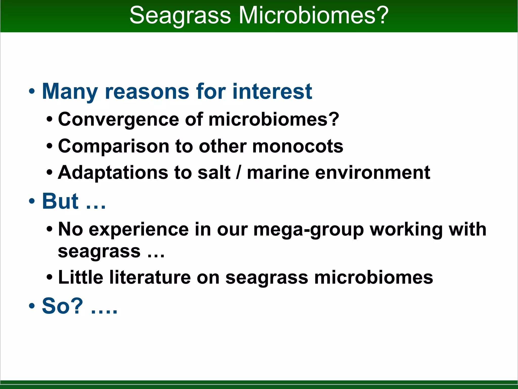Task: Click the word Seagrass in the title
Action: (x=180, y=16)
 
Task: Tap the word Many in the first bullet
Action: (x=70, y=92)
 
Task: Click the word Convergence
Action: (x=119, y=120)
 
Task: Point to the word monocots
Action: (x=298, y=146)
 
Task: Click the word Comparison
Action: (x=114, y=146)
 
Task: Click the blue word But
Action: (x=60, y=201)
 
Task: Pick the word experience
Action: (x=139, y=229)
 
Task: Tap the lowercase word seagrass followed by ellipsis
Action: (x=99, y=252)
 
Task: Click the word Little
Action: (x=81, y=278)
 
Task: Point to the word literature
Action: (x=150, y=278)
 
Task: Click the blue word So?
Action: (x=62, y=306)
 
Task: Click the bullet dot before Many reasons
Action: (x=32, y=92)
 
